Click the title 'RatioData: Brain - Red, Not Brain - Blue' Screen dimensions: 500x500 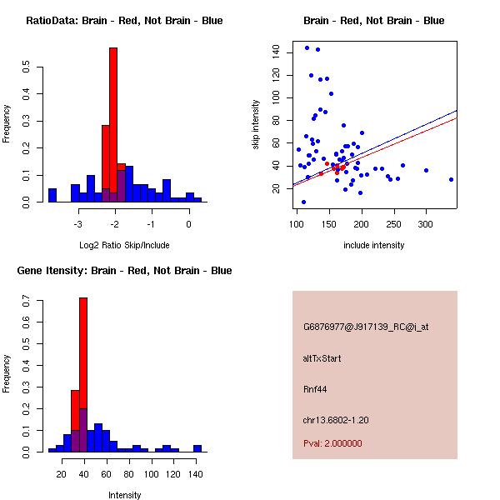(124, 21)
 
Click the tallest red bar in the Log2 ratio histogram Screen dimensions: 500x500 (113, 125)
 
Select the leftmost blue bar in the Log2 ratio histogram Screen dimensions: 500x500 (52, 195)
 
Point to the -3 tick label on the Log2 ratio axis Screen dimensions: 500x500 (77, 224)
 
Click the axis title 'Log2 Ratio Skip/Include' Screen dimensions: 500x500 (124, 245)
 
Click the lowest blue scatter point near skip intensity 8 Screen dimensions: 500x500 (303, 202)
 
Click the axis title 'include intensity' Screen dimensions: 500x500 (374, 245)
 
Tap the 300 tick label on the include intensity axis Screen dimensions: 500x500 (426, 224)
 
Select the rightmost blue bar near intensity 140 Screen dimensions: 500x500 (197, 448)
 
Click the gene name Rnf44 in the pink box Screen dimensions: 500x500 (312, 388)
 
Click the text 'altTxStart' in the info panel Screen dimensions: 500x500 (322, 358)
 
